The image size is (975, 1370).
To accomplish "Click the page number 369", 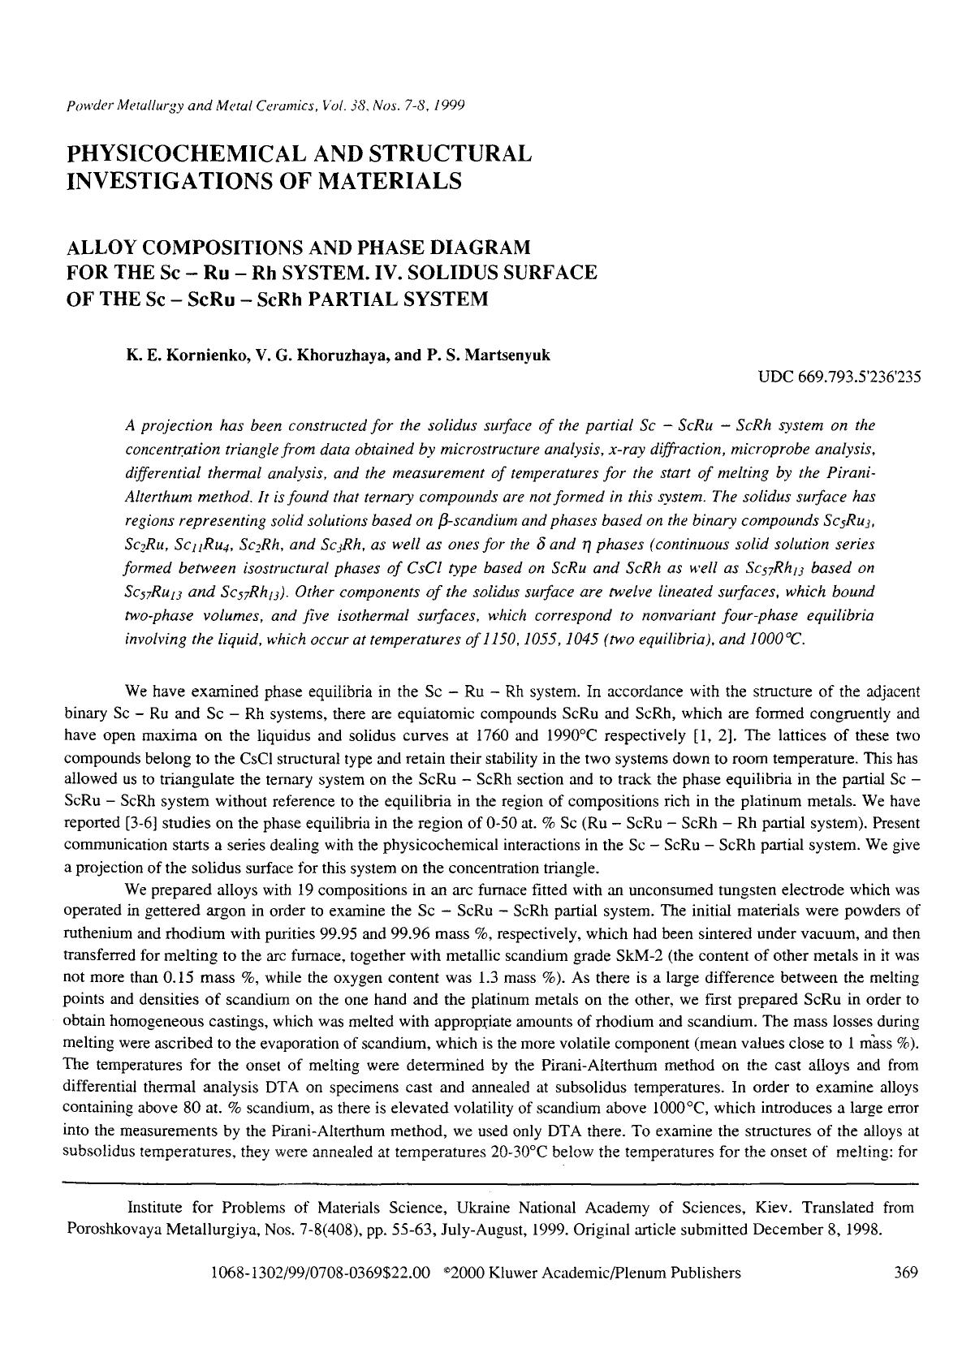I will [x=904, y=1273].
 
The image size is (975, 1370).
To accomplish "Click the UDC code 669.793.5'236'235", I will [x=839, y=377].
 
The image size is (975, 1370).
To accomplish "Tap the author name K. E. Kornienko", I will [x=178, y=355].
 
